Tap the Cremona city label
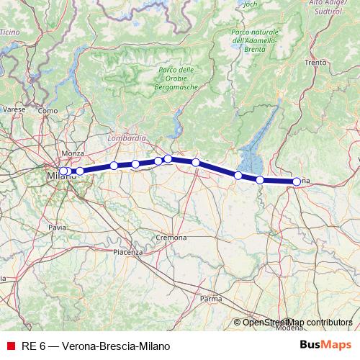(x=171, y=237)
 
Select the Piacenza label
(x=128, y=251)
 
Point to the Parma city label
(x=210, y=297)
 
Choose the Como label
(x=48, y=111)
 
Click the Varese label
(x=14, y=109)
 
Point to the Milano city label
(x=59, y=176)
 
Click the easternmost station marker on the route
(x=296, y=181)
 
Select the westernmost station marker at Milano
(x=63, y=171)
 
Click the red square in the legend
(x=10, y=346)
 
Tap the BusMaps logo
(x=325, y=345)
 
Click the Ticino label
(x=9, y=32)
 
